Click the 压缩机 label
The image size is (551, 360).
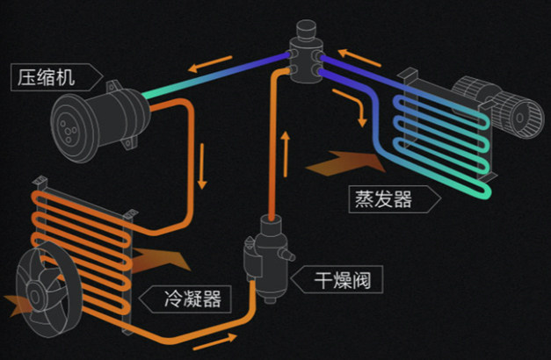tap(47, 76)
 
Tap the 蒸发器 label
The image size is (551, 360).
tap(384, 199)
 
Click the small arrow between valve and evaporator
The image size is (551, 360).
tap(360, 113)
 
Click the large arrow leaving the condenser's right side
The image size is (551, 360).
tap(162, 257)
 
